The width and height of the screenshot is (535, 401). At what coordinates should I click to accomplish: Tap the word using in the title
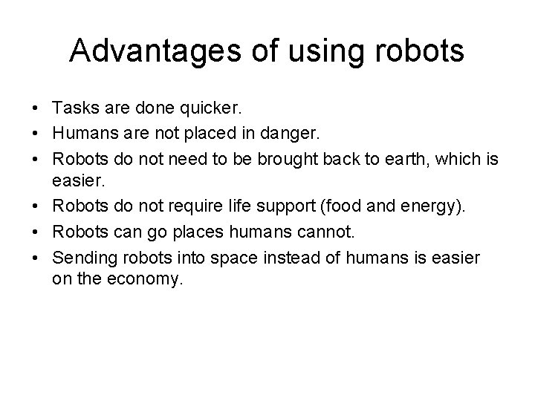tap(317, 52)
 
